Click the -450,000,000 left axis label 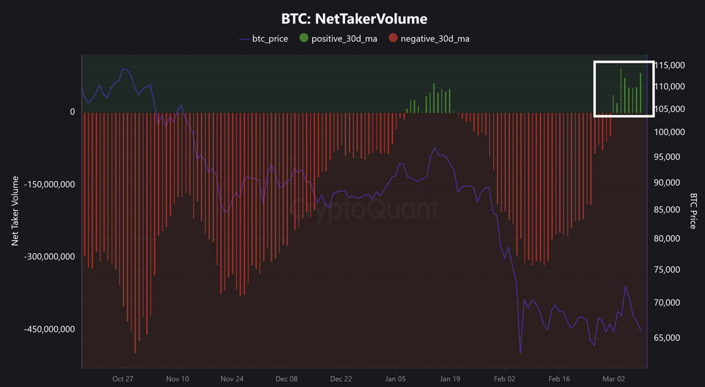click(49, 329)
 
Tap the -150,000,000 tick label click(49, 184)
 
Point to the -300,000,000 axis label click(49, 257)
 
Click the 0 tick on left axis click(72, 112)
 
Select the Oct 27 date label click(123, 379)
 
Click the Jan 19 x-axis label click(449, 379)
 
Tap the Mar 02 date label click(614, 379)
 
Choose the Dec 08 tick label click(286, 379)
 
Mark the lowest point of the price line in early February click(520, 354)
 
